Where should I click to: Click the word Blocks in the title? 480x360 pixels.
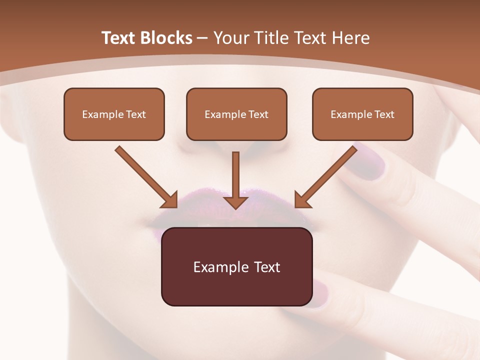tap(167, 38)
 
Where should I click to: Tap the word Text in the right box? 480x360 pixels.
tap(384, 114)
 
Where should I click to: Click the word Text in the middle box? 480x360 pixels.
tap(258, 114)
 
